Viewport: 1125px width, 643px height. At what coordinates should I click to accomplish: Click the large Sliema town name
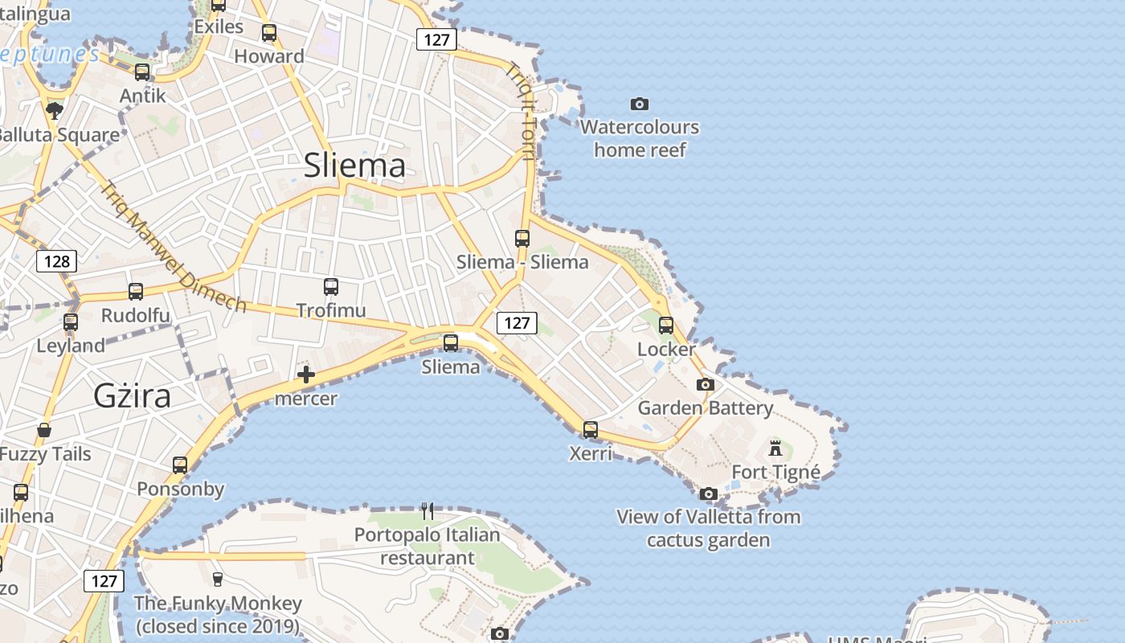coord(354,166)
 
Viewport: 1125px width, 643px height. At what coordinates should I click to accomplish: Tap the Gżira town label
coord(132,396)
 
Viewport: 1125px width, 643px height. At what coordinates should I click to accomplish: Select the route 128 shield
coord(56,261)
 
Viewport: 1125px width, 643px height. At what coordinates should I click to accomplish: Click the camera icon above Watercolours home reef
coord(640,104)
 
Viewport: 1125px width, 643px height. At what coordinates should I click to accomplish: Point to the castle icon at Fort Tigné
coord(775,448)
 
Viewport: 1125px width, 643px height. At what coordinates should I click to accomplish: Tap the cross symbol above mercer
coord(306,374)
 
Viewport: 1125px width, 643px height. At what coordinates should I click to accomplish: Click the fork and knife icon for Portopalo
coord(427,510)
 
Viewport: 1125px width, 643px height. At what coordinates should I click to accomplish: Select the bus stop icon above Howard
coord(269,33)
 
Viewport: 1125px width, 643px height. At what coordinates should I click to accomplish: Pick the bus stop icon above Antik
coord(142,72)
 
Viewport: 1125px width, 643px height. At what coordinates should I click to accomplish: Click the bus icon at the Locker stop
coord(666,326)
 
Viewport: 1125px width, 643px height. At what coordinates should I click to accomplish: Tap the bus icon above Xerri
coord(591,430)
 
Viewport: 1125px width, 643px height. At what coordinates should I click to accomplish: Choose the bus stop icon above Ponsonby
coord(180,465)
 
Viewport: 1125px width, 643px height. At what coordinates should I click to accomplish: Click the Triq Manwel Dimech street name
coord(173,247)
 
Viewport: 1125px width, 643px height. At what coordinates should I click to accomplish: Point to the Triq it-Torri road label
coord(522,111)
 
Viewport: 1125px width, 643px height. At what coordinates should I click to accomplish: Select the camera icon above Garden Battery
coord(706,385)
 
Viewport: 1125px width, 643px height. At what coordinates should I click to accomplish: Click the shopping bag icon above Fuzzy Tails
coord(44,431)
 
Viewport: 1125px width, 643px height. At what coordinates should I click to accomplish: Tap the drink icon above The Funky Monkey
coord(217,579)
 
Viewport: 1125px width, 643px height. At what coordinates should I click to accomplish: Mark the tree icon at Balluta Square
coord(55,110)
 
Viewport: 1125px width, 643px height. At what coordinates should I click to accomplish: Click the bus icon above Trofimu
coord(330,287)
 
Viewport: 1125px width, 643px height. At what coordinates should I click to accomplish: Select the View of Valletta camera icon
coord(708,494)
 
